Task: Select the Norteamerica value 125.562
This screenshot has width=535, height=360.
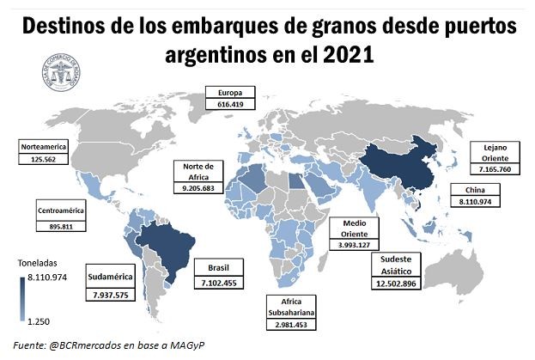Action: click(x=42, y=160)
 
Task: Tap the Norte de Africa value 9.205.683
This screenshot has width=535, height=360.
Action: click(x=198, y=187)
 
